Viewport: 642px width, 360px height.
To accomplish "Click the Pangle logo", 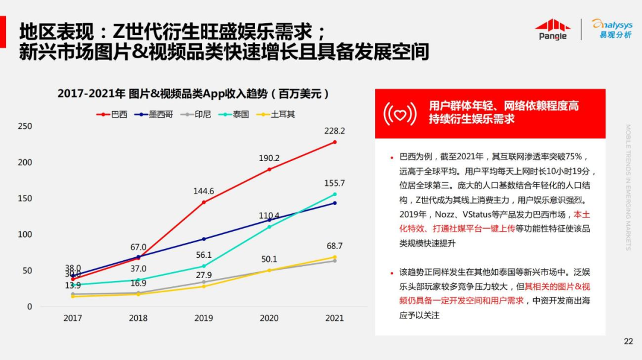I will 552,29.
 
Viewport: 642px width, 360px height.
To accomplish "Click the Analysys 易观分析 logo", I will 612,29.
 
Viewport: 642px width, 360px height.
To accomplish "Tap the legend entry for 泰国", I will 234,114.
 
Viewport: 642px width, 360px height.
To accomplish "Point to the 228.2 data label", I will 335,131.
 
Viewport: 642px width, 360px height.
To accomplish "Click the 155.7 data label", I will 335,183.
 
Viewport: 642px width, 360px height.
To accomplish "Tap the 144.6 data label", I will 204,191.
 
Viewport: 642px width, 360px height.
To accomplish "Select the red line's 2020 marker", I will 269,169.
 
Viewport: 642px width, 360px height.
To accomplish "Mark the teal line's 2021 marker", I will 335,194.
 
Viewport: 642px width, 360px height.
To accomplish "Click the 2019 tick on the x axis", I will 204,318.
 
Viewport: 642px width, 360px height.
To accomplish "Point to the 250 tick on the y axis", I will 25,126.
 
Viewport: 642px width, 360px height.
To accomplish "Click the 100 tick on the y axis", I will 25,234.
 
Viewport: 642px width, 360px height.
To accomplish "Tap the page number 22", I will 628,341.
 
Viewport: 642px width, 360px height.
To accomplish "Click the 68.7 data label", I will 335,246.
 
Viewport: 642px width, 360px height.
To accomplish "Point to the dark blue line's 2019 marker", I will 204,239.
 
